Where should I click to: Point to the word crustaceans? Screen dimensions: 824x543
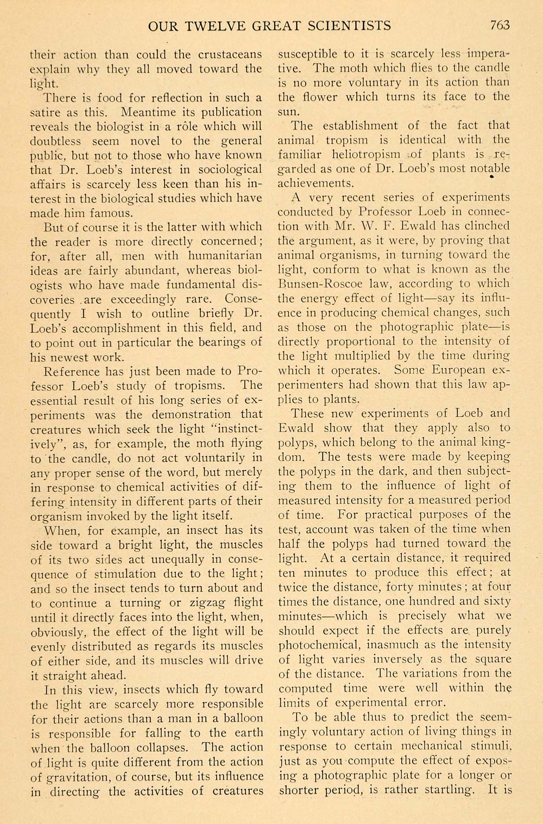pos(230,55)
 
